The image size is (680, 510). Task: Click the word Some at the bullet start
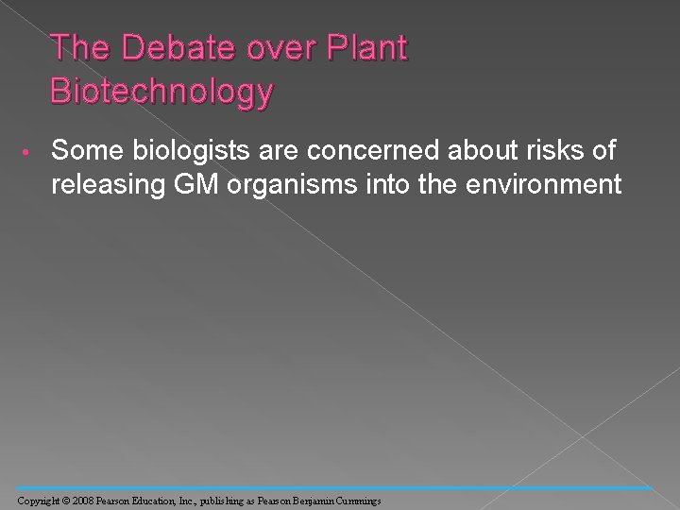pos(86,150)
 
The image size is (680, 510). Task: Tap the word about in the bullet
pos(458,150)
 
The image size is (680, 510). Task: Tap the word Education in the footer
pos(161,497)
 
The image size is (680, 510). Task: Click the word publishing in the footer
pos(231,497)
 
